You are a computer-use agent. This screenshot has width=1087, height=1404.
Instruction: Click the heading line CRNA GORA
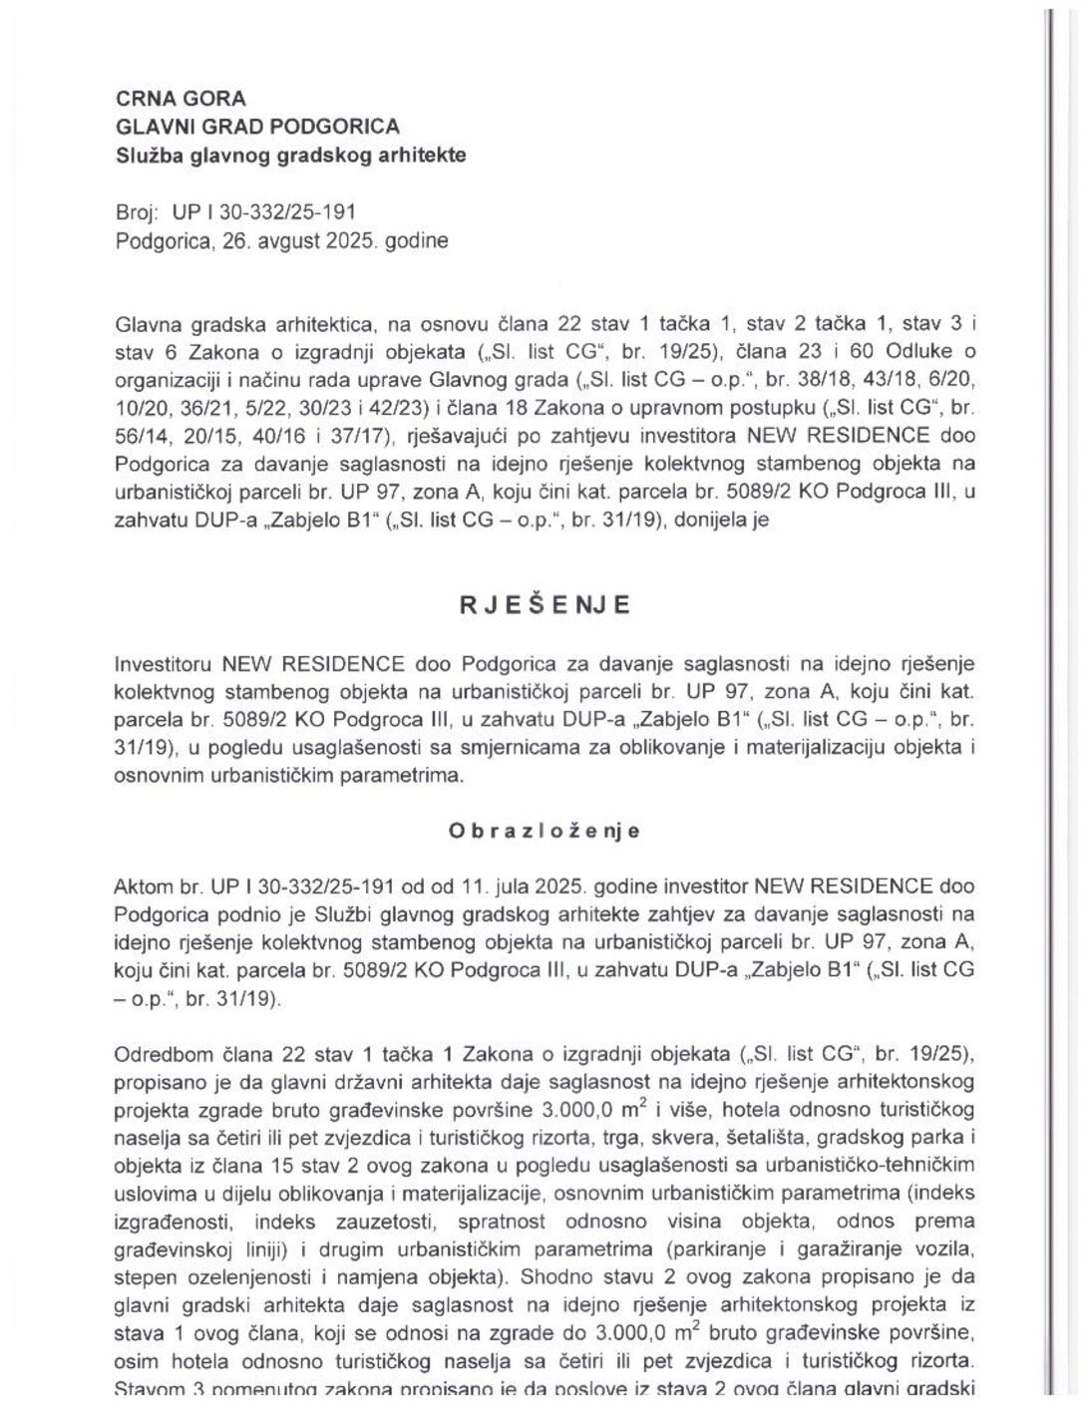[x=181, y=98]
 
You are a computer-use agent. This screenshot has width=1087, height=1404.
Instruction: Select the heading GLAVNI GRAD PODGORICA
[x=257, y=127]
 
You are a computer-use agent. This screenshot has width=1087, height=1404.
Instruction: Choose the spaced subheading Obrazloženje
[x=544, y=831]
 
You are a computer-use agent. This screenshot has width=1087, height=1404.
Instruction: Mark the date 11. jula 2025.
[x=482, y=886]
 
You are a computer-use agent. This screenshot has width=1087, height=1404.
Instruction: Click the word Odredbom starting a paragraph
[x=158, y=1054]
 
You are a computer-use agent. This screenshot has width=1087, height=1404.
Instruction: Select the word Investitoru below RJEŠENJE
[x=164, y=664]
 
